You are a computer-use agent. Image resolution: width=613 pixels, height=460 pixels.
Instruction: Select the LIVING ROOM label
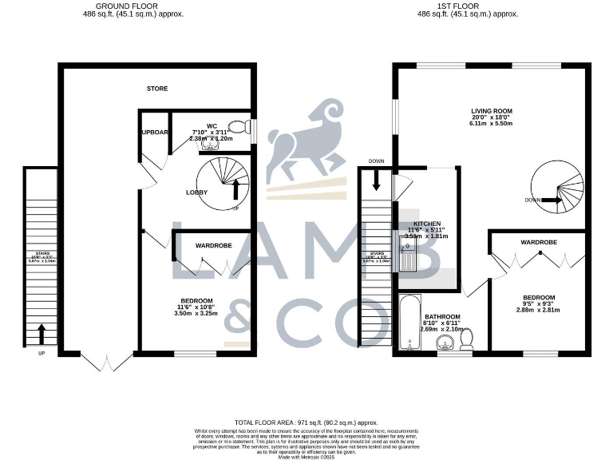click(491, 111)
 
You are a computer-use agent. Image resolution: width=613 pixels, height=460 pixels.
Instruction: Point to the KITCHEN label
click(428, 224)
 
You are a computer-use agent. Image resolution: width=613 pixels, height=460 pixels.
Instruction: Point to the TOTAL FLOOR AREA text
click(306, 421)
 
